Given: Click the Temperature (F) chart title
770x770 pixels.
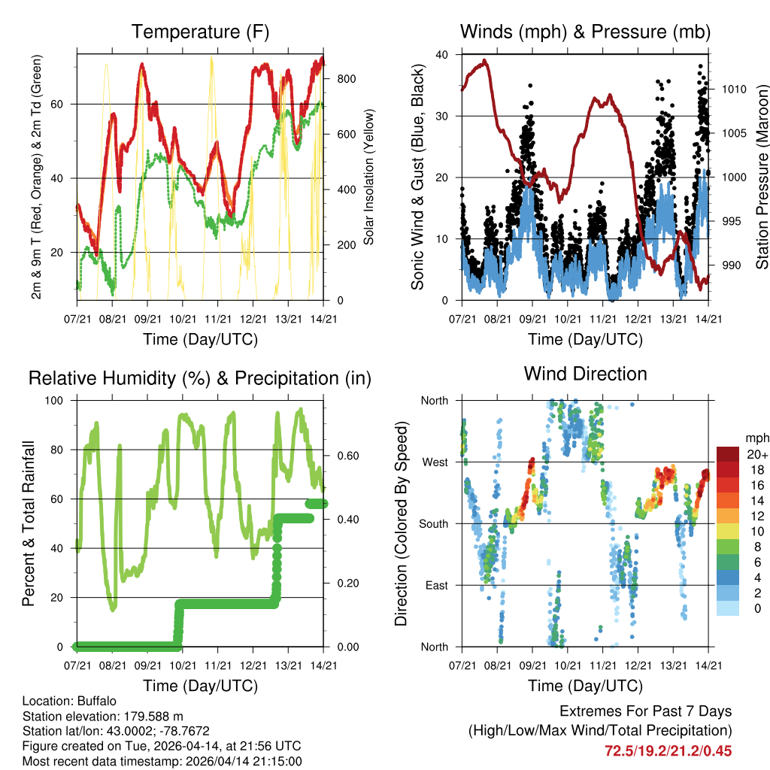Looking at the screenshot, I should (x=200, y=32).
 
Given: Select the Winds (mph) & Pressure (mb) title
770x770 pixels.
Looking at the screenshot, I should (x=585, y=32).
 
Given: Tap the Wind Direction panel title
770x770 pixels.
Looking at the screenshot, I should (x=585, y=373).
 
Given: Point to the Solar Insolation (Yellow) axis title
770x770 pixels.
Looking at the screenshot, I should (x=368, y=177).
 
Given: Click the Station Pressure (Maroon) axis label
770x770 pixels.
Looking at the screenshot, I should (x=761, y=177).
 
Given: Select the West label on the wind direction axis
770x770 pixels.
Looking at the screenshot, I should (x=435, y=462).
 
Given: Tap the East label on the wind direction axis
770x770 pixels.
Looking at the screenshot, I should (x=437, y=585).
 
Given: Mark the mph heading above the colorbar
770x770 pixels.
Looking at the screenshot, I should (x=757, y=438).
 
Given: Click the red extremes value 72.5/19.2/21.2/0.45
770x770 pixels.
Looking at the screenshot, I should (x=668, y=750).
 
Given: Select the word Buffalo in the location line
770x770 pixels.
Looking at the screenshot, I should (x=97, y=700).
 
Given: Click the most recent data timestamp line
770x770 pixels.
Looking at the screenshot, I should (x=162, y=761).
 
